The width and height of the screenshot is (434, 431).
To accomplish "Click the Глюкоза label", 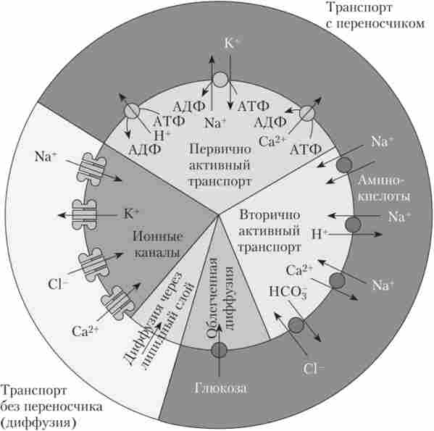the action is (x=220, y=388).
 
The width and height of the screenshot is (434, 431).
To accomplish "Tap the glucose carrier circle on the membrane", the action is (x=219, y=350).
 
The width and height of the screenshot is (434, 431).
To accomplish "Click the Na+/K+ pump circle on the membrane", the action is (x=220, y=79).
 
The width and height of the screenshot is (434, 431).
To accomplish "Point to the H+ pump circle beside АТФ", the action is (x=131, y=112).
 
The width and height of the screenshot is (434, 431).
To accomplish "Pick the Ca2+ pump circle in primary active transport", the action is (x=307, y=112).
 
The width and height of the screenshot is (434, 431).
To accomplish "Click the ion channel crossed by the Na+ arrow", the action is (x=91, y=169).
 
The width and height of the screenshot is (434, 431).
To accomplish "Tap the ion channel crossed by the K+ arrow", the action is (x=84, y=215).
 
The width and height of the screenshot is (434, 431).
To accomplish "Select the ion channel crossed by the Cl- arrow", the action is (x=93, y=265).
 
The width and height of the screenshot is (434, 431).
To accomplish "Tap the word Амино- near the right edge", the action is (x=381, y=181).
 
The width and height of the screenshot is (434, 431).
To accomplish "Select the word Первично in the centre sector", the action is (x=220, y=149).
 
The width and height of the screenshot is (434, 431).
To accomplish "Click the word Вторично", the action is (x=270, y=214).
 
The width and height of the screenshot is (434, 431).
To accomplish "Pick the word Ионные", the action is (x=158, y=237).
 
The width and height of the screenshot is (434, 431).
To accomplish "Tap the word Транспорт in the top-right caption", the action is (x=359, y=7).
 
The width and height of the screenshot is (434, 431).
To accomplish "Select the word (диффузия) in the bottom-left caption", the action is (x=38, y=423).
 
